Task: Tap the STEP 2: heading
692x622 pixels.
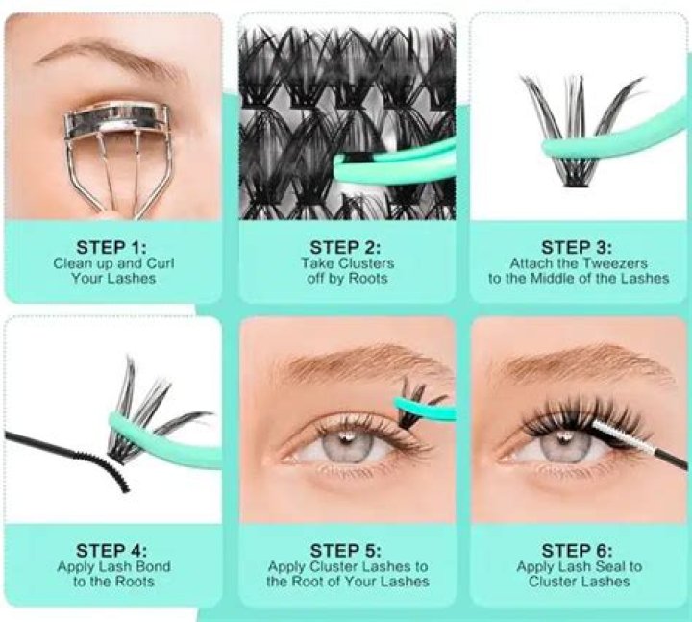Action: click(x=346, y=247)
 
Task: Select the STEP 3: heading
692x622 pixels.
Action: click(x=578, y=247)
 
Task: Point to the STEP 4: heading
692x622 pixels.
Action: click(x=112, y=550)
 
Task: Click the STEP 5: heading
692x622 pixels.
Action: click(x=346, y=550)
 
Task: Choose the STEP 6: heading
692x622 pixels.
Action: click(x=578, y=550)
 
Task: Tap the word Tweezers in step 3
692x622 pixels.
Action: click(x=617, y=263)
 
